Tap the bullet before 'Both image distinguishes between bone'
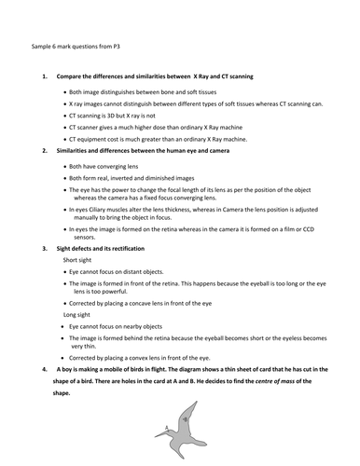(x=62, y=92)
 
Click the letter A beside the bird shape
(x=166, y=426)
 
